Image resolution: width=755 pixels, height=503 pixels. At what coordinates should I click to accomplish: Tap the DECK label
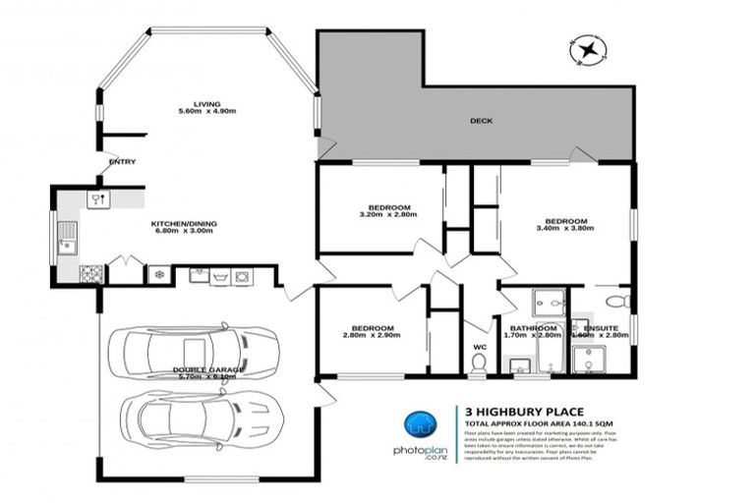point(481,121)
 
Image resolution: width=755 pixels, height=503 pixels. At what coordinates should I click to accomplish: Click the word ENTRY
point(123,162)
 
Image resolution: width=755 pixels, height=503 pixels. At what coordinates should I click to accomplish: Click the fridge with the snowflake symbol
point(157,274)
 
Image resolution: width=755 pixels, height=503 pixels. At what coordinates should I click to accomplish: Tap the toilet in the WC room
point(479,363)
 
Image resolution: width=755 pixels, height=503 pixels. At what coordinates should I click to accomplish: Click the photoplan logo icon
point(420,426)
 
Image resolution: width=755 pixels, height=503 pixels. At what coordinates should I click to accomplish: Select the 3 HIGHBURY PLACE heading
point(516,413)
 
